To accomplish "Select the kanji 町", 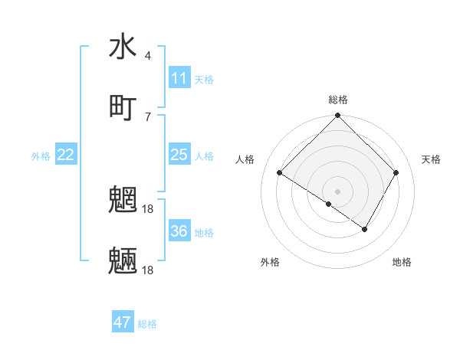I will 123,107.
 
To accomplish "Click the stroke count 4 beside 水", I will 147,56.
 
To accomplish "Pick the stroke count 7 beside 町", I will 147,116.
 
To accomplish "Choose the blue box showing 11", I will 179,78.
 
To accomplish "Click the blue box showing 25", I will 179,155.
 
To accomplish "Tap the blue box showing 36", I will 179,231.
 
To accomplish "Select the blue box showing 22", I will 66,155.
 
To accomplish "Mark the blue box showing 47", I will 123,322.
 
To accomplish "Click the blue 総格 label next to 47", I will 147,324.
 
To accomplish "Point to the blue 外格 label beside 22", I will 41,156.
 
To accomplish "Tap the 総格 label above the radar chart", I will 338,100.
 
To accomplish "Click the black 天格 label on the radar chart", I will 432,159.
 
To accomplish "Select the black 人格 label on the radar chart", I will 245,159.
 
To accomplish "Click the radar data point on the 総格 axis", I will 338,116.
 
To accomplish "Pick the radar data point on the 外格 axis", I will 328,205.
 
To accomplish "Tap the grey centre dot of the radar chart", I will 338,191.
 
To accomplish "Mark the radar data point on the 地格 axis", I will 365,228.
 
